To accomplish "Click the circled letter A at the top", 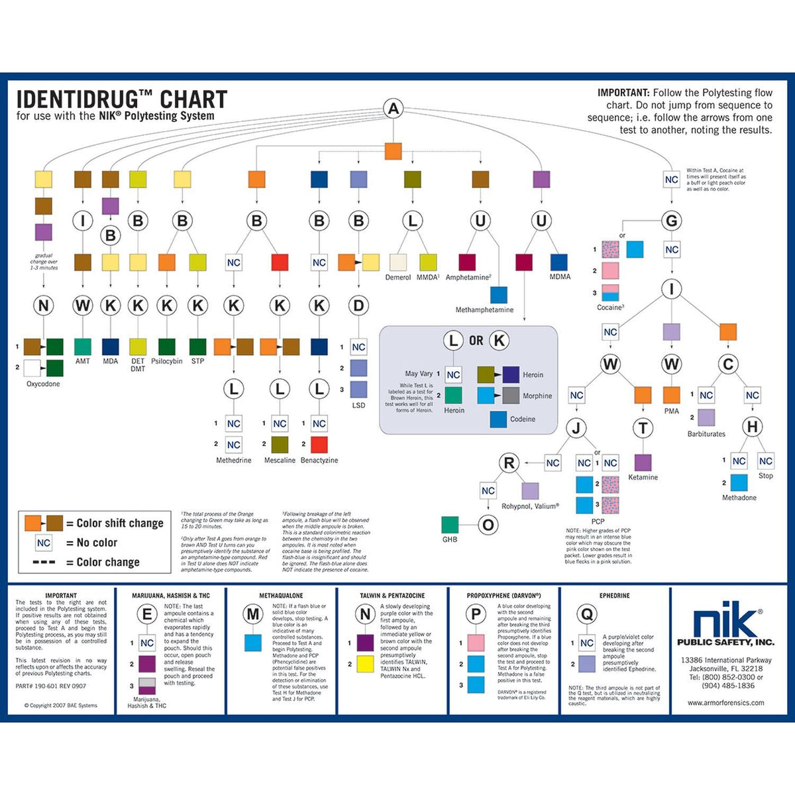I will pyautogui.click(x=394, y=109).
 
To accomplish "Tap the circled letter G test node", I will pyautogui.click(x=671, y=221).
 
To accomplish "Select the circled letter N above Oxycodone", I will pyautogui.click(x=44, y=305).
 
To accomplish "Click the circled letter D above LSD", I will pyautogui.click(x=358, y=305).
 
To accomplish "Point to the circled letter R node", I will pyautogui.click(x=509, y=463).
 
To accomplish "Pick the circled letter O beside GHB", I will pyautogui.click(x=488, y=525).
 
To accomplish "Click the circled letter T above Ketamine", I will pyautogui.click(x=643, y=429).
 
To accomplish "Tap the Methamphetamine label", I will pyautogui.click(x=484, y=309).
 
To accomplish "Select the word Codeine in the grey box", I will pyautogui.click(x=523, y=419).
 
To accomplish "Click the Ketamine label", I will pyautogui.click(x=643, y=477).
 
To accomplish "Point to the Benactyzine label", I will pyautogui.click(x=319, y=460).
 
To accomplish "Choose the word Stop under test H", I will pyautogui.click(x=765, y=476).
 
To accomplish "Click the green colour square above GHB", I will pyautogui.click(x=450, y=525).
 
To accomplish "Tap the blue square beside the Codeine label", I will pyautogui.click(x=498, y=419).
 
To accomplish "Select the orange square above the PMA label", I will pyautogui.click(x=671, y=395).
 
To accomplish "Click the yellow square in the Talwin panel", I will pyautogui.click(x=366, y=663).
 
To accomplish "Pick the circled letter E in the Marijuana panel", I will pyautogui.click(x=147, y=614).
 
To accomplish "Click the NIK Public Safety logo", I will pyautogui.click(x=725, y=627).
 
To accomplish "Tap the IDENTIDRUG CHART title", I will pyautogui.click(x=122, y=100).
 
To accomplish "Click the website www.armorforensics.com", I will pyautogui.click(x=725, y=703).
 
